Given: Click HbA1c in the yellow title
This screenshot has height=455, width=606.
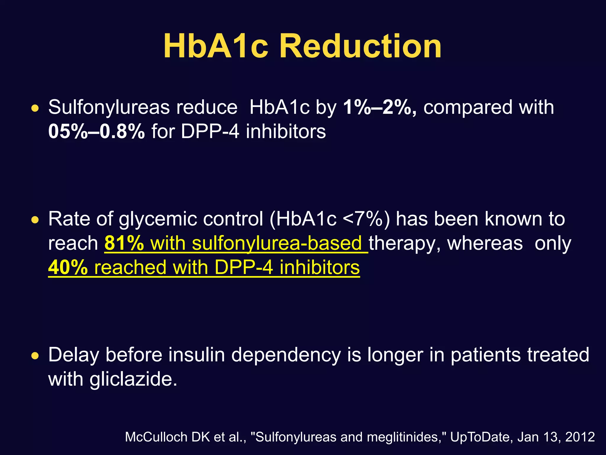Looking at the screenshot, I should pyautogui.click(x=216, y=46).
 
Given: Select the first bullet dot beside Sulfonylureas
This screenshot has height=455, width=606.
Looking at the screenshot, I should pyautogui.click(x=35, y=109).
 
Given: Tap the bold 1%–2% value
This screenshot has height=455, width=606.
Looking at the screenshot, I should pyautogui.click(x=380, y=107).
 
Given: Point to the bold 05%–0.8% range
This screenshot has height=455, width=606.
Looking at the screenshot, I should pyautogui.click(x=96, y=131).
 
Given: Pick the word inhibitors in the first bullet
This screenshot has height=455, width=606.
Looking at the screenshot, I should pyautogui.click(x=286, y=131).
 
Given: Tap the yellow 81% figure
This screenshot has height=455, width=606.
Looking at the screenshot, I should pyautogui.click(x=124, y=243).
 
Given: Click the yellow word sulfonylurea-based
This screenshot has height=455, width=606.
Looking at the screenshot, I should pyautogui.click(x=277, y=243).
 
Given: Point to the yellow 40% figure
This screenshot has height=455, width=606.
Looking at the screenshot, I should pyautogui.click(x=68, y=267).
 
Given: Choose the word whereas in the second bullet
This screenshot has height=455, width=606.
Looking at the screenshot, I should pyautogui.click(x=485, y=243).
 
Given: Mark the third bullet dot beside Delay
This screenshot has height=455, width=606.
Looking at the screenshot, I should pyautogui.click(x=35, y=356).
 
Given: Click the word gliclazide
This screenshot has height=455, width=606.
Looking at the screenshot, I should pyautogui.click(x=133, y=379).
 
